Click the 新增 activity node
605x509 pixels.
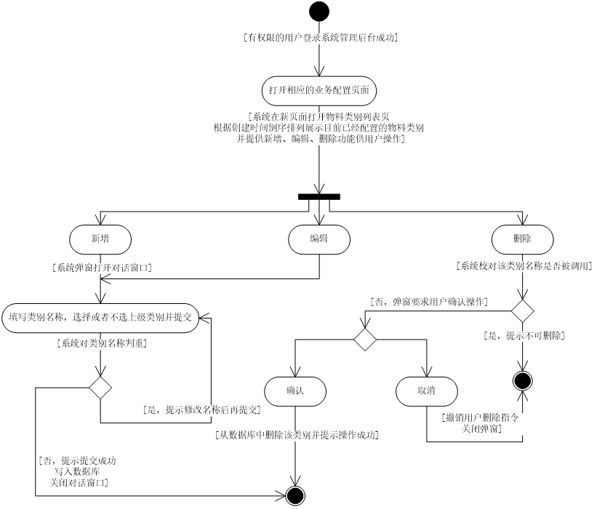click(x=100, y=239)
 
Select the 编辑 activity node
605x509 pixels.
click(x=319, y=239)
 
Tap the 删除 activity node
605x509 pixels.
click(x=522, y=239)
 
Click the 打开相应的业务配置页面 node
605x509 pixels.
click(x=319, y=91)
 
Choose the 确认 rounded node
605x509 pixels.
click(x=295, y=391)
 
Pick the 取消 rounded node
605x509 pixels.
click(x=427, y=391)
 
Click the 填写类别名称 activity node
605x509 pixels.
click(x=100, y=318)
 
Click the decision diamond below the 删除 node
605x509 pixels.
click(x=522, y=311)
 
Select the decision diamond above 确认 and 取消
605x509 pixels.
click(x=365, y=340)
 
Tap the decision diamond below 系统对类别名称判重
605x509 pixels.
click(x=100, y=388)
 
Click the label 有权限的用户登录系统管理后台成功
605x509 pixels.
click(x=321, y=38)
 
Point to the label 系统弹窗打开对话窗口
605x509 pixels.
click(x=103, y=268)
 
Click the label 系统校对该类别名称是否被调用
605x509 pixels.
click(x=524, y=266)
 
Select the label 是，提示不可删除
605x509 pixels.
click(x=524, y=336)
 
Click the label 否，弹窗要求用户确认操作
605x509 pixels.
click(x=429, y=302)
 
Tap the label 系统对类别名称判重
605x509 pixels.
click(x=102, y=344)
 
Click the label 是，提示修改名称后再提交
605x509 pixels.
click(x=202, y=410)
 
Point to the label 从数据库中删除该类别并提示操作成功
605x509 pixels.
click(x=297, y=436)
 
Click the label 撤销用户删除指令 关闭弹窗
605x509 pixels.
click(x=482, y=424)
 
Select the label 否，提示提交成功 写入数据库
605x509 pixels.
click(x=79, y=472)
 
